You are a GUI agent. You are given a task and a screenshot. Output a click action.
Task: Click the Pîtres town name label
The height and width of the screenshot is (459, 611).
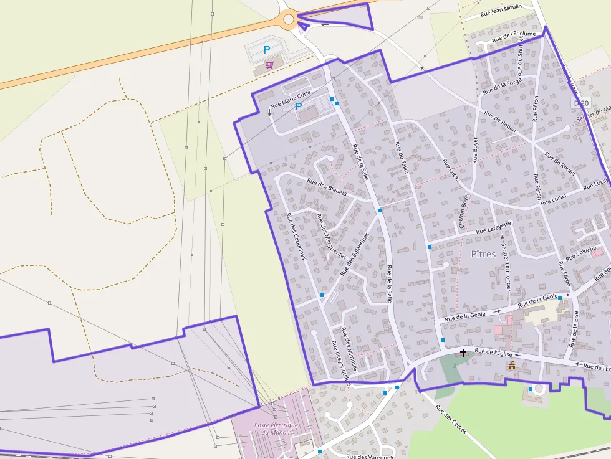click(x=483, y=254)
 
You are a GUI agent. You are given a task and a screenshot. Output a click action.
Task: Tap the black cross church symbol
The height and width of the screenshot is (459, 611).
click(x=463, y=353)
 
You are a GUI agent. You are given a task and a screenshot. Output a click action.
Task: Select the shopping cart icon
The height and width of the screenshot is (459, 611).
click(x=269, y=64)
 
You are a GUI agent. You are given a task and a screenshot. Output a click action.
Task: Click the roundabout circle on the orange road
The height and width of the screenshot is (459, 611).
click(x=289, y=19)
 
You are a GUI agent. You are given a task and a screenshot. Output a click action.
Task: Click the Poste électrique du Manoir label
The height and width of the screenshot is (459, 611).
click(x=276, y=428)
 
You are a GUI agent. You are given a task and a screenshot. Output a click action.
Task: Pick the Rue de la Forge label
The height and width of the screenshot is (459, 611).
click(x=502, y=85)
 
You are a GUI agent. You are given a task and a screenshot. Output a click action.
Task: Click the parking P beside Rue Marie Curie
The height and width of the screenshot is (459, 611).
click(x=299, y=106)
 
